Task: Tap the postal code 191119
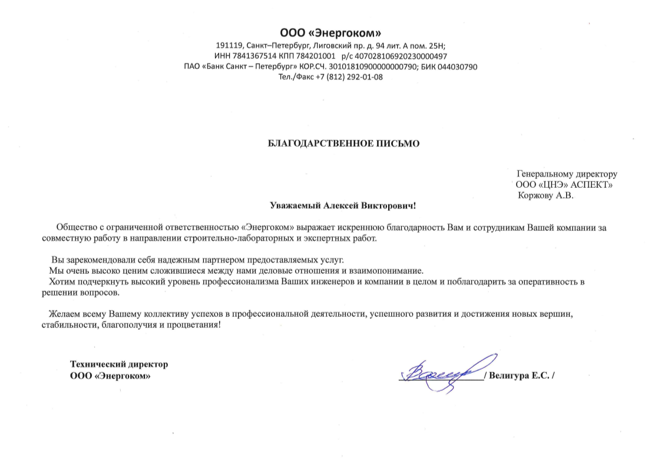click(229, 46)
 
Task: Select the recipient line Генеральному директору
click(567, 174)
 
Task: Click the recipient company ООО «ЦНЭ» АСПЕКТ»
click(564, 185)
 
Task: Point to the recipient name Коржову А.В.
click(545, 195)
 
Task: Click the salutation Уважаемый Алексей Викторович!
click(342, 206)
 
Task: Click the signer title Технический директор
click(119, 364)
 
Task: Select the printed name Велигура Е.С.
click(518, 376)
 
